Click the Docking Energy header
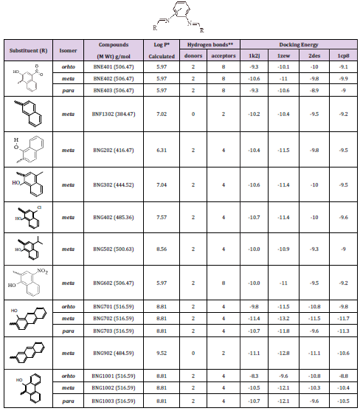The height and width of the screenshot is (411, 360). (298, 44)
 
